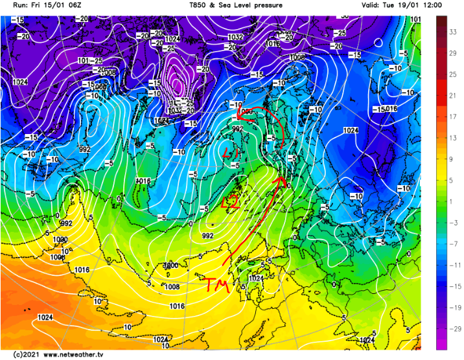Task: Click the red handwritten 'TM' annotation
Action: [x=216, y=284]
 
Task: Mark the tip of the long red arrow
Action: [x=282, y=175]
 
